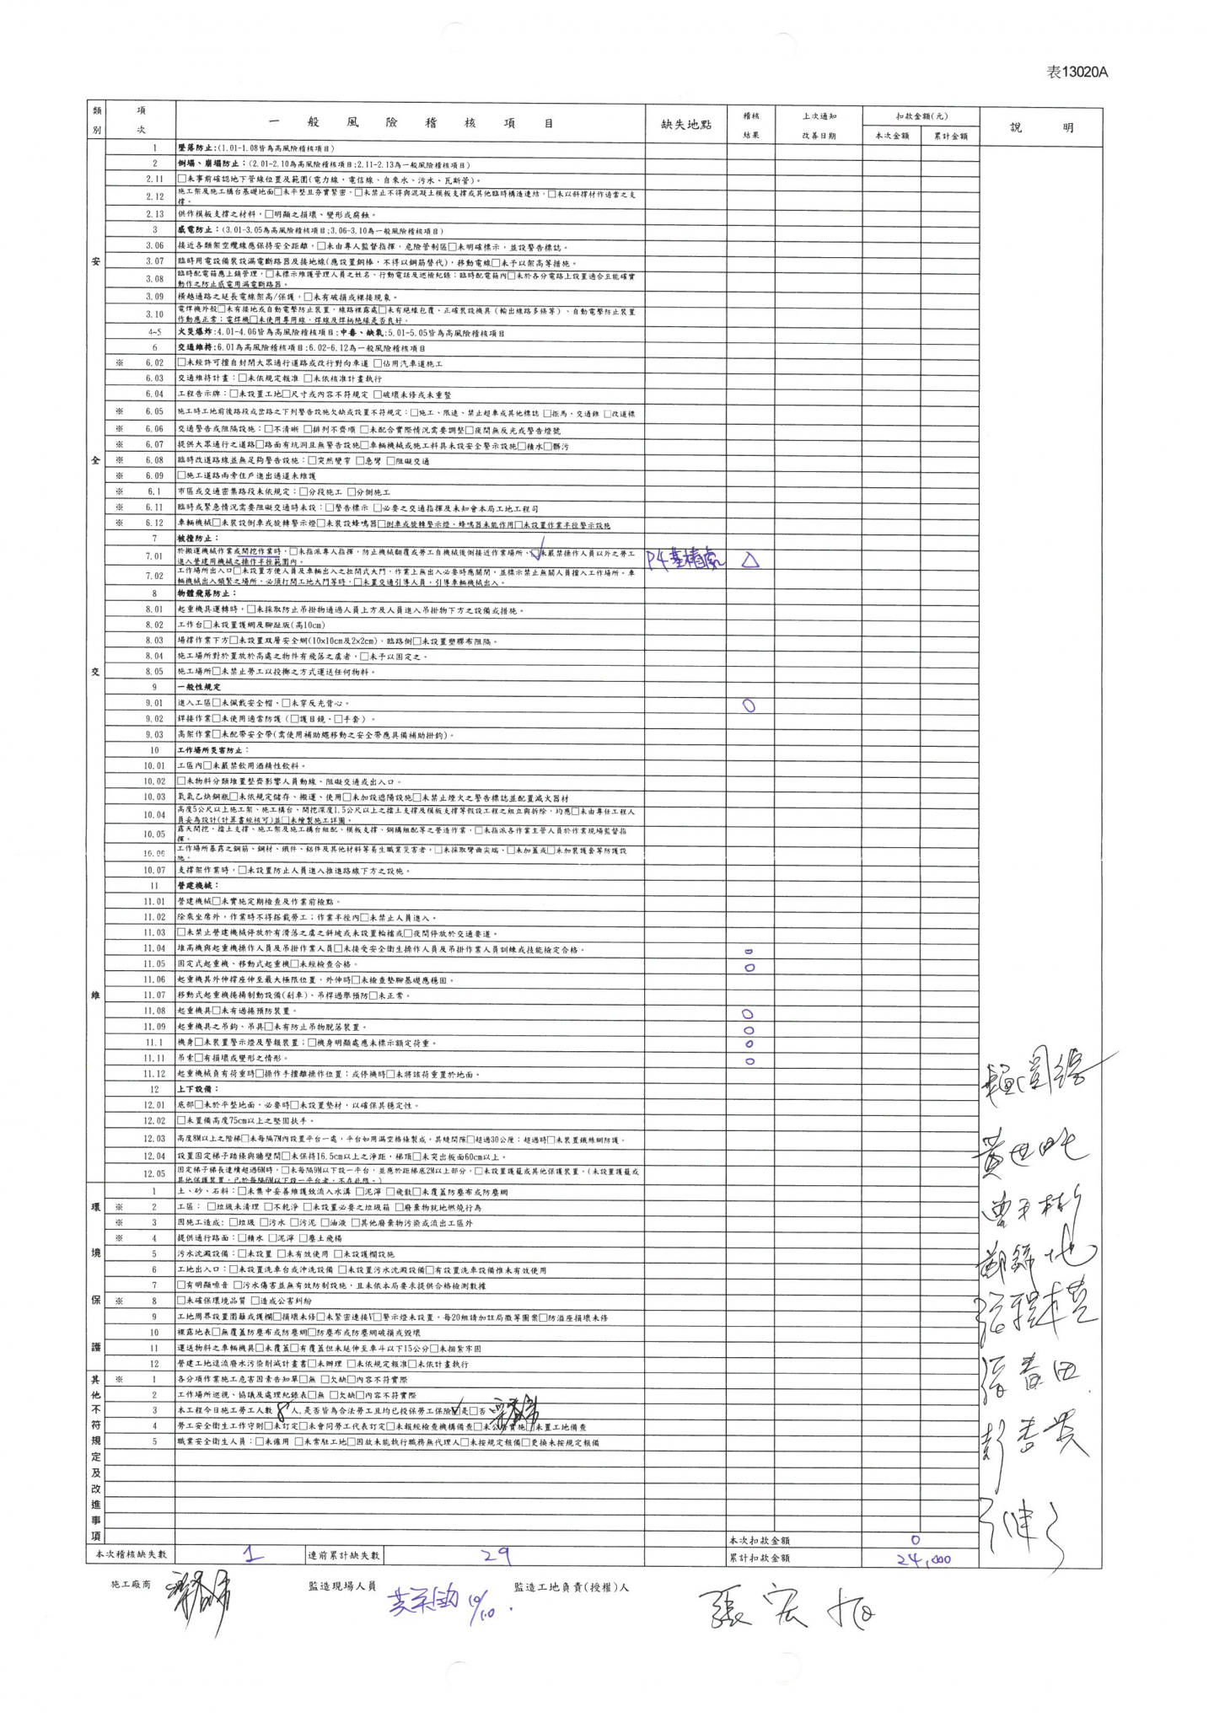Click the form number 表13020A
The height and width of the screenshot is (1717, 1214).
click(x=1077, y=72)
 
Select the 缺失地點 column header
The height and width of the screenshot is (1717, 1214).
click(x=685, y=125)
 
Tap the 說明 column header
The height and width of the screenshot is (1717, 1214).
click(x=1041, y=128)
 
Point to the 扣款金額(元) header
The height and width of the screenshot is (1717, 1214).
click(x=921, y=116)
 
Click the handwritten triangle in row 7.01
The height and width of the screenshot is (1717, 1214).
click(x=749, y=560)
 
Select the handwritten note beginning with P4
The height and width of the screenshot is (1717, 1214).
click(x=685, y=559)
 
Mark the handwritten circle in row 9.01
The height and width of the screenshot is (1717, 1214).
click(x=749, y=706)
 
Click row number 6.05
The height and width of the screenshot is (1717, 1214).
click(x=153, y=412)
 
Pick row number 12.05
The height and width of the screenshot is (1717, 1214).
click(x=153, y=1173)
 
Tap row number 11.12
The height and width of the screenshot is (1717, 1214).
click(x=153, y=1074)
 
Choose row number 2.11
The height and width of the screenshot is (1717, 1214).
click(x=153, y=180)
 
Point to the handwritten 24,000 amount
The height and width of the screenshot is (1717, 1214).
click(x=923, y=1559)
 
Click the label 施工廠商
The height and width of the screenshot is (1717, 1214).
click(x=131, y=1585)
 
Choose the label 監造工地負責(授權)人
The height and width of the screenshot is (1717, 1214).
click(x=571, y=1587)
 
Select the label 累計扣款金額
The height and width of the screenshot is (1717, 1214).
click(x=760, y=1559)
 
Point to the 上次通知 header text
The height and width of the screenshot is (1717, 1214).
click(x=818, y=116)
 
